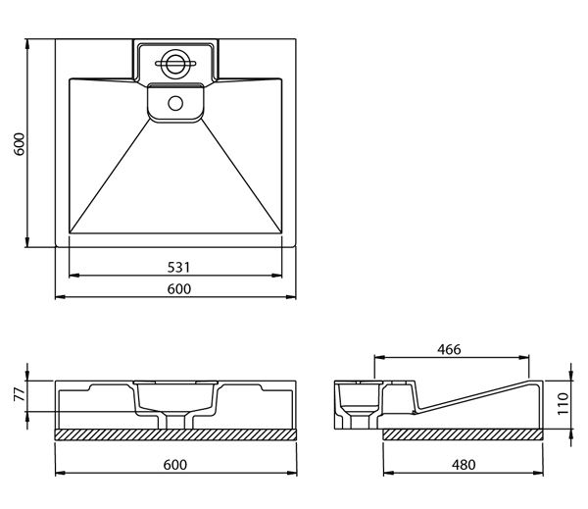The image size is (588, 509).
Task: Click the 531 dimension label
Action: (178, 268)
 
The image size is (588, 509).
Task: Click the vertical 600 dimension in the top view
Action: (19, 144)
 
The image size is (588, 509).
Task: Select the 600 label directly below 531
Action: (179, 288)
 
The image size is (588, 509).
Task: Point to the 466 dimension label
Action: (449, 349)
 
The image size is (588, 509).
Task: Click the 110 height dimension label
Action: (563, 403)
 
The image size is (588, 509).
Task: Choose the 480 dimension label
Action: (464, 465)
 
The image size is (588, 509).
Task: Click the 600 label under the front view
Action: (175, 465)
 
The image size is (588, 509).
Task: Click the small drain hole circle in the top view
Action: (175, 103)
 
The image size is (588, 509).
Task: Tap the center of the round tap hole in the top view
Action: (175, 63)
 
